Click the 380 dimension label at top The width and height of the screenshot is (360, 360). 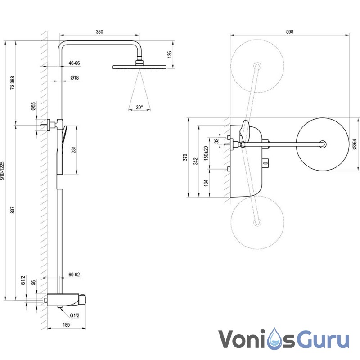(100, 31)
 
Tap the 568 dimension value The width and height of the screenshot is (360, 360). (289, 31)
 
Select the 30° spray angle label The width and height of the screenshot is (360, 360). (139, 108)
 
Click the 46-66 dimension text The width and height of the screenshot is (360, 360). (74, 63)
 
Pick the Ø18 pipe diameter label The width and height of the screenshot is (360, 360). (75, 78)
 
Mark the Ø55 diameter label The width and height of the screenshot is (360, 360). (33, 106)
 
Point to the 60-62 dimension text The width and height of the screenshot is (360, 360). (74, 274)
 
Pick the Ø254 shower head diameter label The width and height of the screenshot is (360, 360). (355, 144)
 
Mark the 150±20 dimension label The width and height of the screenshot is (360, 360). (206, 153)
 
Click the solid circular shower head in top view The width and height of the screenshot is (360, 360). (323, 144)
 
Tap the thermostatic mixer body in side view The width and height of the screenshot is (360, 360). (66, 299)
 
